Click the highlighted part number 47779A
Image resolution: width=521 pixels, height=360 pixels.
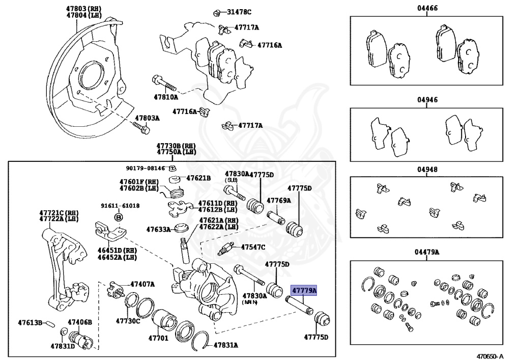[303, 291]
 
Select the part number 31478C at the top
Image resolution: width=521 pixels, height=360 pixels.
[239, 12]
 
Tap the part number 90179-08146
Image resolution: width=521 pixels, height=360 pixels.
[146, 168]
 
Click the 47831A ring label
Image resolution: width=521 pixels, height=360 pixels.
[225, 345]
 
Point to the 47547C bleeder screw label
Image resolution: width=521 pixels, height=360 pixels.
[253, 247]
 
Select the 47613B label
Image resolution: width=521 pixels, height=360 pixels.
[30, 322]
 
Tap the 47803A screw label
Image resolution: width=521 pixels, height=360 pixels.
[147, 118]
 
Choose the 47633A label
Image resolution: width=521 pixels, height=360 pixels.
[158, 230]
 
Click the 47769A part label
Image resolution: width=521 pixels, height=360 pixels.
[279, 200]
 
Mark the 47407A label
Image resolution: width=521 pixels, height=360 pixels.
[142, 284]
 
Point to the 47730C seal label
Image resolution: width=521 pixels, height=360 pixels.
[128, 321]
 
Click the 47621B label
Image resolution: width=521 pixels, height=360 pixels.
[198, 178]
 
